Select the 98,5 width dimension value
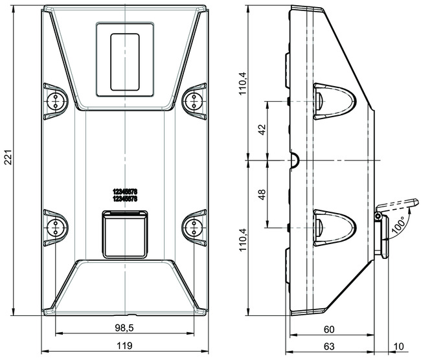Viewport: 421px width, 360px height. pyautogui.click(x=124, y=327)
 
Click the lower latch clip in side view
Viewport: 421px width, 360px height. pyautogui.click(x=335, y=227)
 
